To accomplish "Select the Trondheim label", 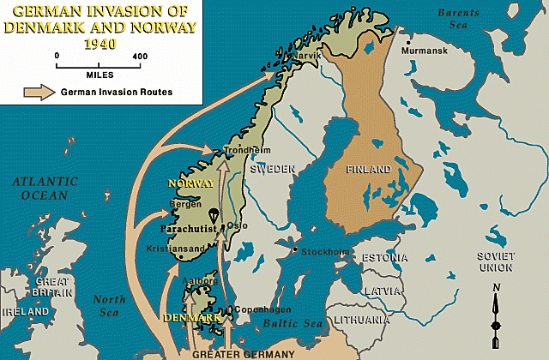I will coord(241,151).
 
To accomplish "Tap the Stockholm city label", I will coord(325,252).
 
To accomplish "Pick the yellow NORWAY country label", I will coord(192,183).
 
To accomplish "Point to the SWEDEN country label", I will coord(272,170).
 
